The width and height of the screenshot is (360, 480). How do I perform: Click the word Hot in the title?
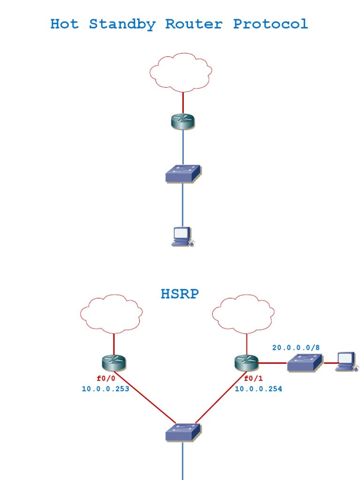click(64, 24)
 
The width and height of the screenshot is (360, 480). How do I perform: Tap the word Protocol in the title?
click(270, 24)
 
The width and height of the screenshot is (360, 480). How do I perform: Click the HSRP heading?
click(180, 294)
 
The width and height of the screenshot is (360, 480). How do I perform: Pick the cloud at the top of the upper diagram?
click(180, 73)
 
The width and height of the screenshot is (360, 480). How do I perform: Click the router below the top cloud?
click(183, 121)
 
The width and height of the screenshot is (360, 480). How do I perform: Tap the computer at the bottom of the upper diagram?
click(182, 236)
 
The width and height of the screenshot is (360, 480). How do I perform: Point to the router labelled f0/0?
click(114, 362)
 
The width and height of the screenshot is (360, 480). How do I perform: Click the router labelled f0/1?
click(247, 362)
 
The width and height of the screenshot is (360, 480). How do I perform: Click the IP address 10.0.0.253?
click(105, 389)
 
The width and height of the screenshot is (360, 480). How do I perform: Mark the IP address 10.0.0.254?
click(258, 389)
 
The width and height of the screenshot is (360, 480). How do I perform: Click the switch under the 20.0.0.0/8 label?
click(305, 363)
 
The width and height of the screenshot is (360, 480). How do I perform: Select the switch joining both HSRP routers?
click(183, 432)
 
